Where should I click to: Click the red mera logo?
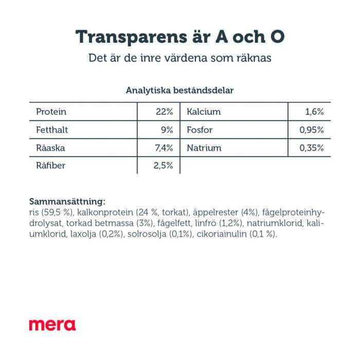click(52, 325)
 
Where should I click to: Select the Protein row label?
click(51, 112)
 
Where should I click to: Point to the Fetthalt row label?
click(52, 130)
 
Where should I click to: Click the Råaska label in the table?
click(50, 148)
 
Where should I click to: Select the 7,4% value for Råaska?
click(163, 148)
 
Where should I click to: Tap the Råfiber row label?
click(51, 166)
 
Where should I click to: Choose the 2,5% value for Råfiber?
click(163, 166)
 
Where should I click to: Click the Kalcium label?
click(204, 112)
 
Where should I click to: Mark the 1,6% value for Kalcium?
click(314, 112)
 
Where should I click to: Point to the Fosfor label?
click(200, 130)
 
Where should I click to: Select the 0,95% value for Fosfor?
click(312, 130)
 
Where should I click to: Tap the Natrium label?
click(204, 148)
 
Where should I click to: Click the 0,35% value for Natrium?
click(312, 148)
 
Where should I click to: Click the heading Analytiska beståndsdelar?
click(180, 91)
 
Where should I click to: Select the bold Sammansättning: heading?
click(67, 201)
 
